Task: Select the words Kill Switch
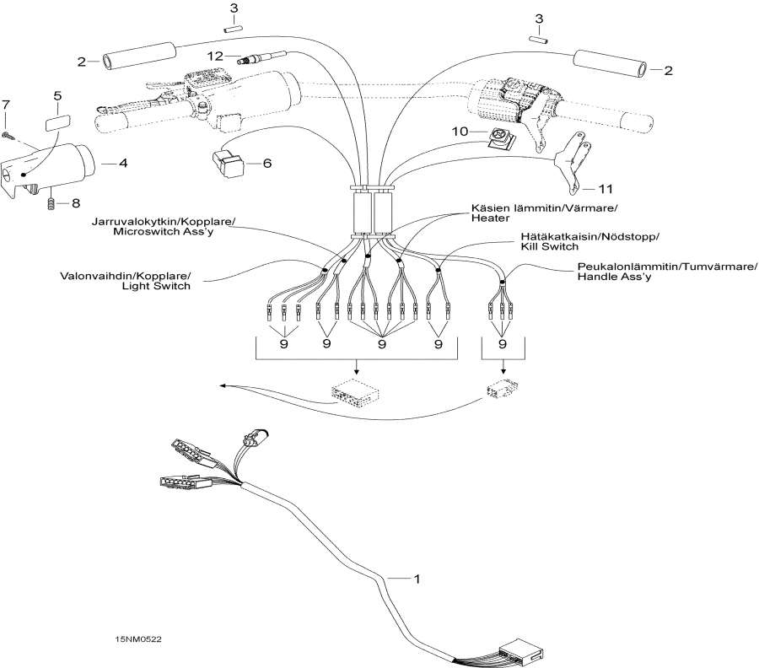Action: click(549, 248)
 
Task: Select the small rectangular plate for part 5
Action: click(57, 121)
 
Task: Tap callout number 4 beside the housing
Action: click(123, 162)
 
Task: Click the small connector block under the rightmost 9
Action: click(503, 390)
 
